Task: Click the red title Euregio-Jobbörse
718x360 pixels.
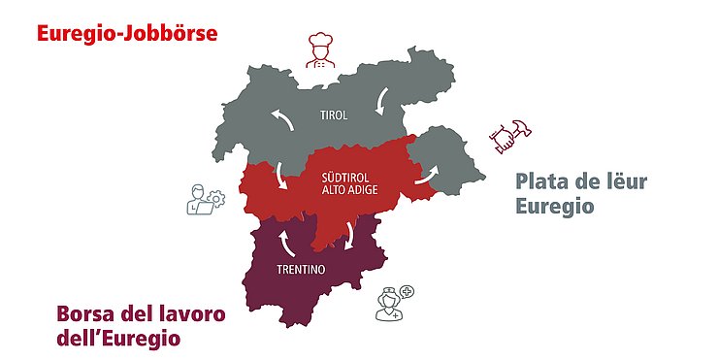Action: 126,33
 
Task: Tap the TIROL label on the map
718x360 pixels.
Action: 333,115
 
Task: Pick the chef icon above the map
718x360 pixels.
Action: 321,50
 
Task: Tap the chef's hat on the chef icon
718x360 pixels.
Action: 321,41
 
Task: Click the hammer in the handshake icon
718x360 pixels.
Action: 516,130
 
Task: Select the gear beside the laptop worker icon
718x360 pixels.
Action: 216,198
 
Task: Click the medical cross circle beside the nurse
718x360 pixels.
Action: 407,291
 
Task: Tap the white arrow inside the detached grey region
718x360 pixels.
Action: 427,175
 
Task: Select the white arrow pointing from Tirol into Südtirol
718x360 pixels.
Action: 281,176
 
